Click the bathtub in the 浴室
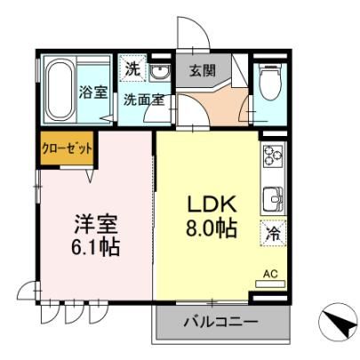(x=60, y=90)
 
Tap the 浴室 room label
(x=92, y=92)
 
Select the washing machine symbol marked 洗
(x=132, y=69)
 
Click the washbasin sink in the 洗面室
(x=159, y=72)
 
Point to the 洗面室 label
(x=144, y=100)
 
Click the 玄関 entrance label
(x=203, y=70)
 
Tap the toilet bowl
(x=269, y=82)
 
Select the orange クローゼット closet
(x=67, y=148)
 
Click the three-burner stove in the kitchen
(x=273, y=156)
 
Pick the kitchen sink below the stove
(x=273, y=198)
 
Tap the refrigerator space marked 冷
(x=273, y=233)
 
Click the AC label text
(x=270, y=274)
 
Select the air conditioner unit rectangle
(x=270, y=284)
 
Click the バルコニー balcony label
(x=220, y=322)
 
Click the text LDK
(x=212, y=204)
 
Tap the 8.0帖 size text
(x=211, y=228)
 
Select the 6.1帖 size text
(x=95, y=246)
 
